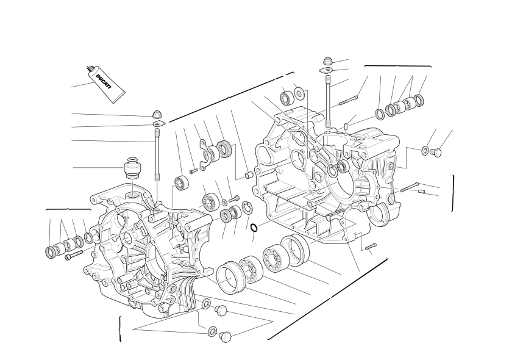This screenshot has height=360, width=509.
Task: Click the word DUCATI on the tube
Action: [104, 82]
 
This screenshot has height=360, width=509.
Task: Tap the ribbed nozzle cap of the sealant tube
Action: [91, 69]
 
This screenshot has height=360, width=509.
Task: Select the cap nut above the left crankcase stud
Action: [157, 114]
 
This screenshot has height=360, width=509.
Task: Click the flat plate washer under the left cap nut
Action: [159, 123]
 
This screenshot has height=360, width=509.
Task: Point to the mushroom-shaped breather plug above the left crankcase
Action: [133, 168]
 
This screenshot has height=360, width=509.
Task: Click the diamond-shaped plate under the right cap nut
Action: [326, 70]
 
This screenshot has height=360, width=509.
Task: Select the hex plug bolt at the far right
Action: [436, 152]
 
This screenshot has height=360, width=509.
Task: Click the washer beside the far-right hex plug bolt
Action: [425, 151]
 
